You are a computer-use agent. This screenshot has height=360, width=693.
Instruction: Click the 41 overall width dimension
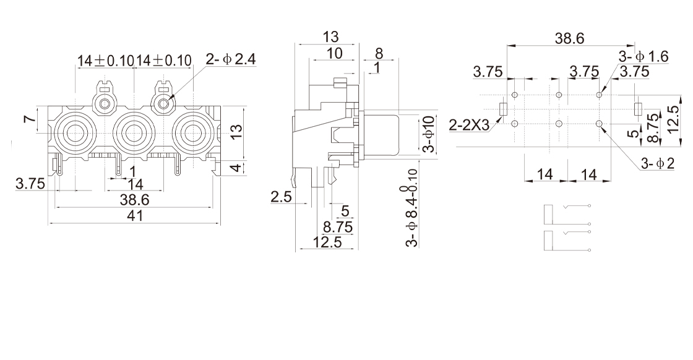pyautogui.click(x=134, y=216)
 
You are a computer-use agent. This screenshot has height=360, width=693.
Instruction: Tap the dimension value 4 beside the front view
pyautogui.click(x=236, y=168)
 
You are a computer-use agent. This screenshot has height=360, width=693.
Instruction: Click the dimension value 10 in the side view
pyautogui.click(x=334, y=54)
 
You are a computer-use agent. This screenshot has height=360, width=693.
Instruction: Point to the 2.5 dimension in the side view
pyautogui.click(x=281, y=197)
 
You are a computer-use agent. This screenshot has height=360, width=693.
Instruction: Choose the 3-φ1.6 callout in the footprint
pyautogui.click(x=643, y=56)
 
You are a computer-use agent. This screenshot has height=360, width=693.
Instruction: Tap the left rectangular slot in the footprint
pyautogui.click(x=503, y=109)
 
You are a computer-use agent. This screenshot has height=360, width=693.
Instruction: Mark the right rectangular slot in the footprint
pyautogui.click(x=637, y=109)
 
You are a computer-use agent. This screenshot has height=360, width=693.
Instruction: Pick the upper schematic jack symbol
pyautogui.click(x=566, y=214)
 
